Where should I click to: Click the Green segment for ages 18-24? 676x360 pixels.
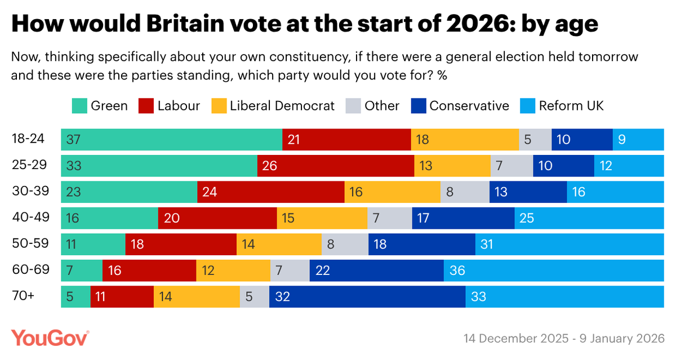[171, 140]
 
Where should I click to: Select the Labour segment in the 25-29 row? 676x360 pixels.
[336, 166]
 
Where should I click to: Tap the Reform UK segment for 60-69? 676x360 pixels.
[554, 270]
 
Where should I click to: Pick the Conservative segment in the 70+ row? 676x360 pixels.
[367, 296]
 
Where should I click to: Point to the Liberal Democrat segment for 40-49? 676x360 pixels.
[322, 218]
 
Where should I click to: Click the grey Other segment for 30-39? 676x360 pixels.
[465, 192]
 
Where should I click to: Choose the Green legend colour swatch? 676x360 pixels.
[79, 106]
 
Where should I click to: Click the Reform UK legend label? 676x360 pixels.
[571, 106]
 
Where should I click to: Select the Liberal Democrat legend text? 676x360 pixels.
[282, 106]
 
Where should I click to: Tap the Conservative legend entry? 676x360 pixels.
[469, 106]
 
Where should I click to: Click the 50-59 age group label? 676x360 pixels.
[30, 243]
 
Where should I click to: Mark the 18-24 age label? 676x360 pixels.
[29, 139]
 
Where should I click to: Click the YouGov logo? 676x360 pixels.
[51, 338]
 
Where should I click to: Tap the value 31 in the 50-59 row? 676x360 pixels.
[488, 245]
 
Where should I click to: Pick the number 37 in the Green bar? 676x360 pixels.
[72, 140]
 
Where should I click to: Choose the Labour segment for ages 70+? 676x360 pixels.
[122, 296]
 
